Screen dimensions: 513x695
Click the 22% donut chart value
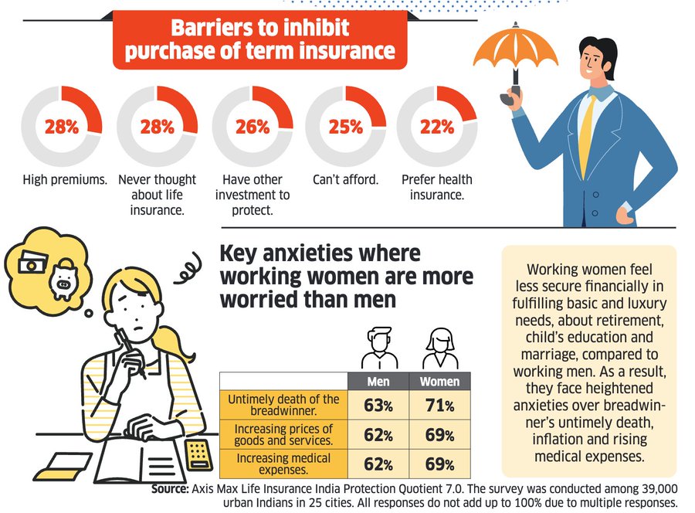point(437,127)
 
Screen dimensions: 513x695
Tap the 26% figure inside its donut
point(252,127)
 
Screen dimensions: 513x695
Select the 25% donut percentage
point(345,127)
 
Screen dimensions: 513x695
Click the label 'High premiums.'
point(63,180)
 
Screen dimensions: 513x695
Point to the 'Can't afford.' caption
point(345,180)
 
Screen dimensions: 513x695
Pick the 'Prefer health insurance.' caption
point(437,187)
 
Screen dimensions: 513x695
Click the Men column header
point(378,382)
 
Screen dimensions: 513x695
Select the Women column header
point(439,382)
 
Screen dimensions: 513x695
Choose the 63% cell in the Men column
point(378,405)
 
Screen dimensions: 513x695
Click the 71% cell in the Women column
point(439,405)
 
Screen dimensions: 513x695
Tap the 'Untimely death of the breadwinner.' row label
point(283,405)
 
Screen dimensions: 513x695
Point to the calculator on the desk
point(199,456)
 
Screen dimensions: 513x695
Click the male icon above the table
point(378,349)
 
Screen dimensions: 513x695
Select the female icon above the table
point(439,349)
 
